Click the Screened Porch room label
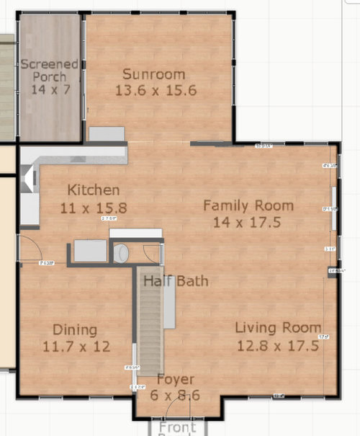[x=49, y=71]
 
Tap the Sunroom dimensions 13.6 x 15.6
[x=156, y=91]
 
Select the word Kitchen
[x=93, y=191]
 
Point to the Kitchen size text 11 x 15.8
[x=93, y=208]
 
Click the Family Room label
[x=248, y=205]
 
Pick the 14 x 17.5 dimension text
[x=248, y=222]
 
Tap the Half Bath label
[x=176, y=280]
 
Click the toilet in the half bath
[x=122, y=253]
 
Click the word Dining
[x=75, y=330]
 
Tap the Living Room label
[x=279, y=328]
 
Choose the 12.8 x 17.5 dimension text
[x=279, y=345]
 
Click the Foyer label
[x=176, y=380]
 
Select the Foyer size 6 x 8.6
[x=176, y=395]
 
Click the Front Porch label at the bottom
[x=173, y=428]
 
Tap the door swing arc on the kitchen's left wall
[x=30, y=249]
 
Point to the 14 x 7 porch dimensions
[x=49, y=89]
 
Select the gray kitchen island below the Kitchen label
[x=91, y=252]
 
